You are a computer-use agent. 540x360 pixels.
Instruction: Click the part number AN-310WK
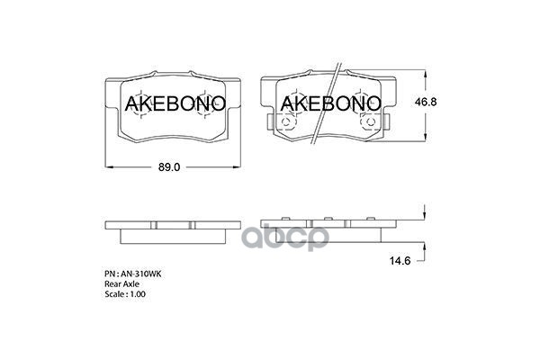[139, 271]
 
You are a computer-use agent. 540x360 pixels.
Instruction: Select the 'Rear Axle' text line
[123, 283]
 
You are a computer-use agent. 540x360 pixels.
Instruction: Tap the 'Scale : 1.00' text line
[126, 294]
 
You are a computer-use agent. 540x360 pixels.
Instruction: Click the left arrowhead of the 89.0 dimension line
[108, 167]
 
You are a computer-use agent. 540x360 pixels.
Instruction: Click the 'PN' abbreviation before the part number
[108, 271]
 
